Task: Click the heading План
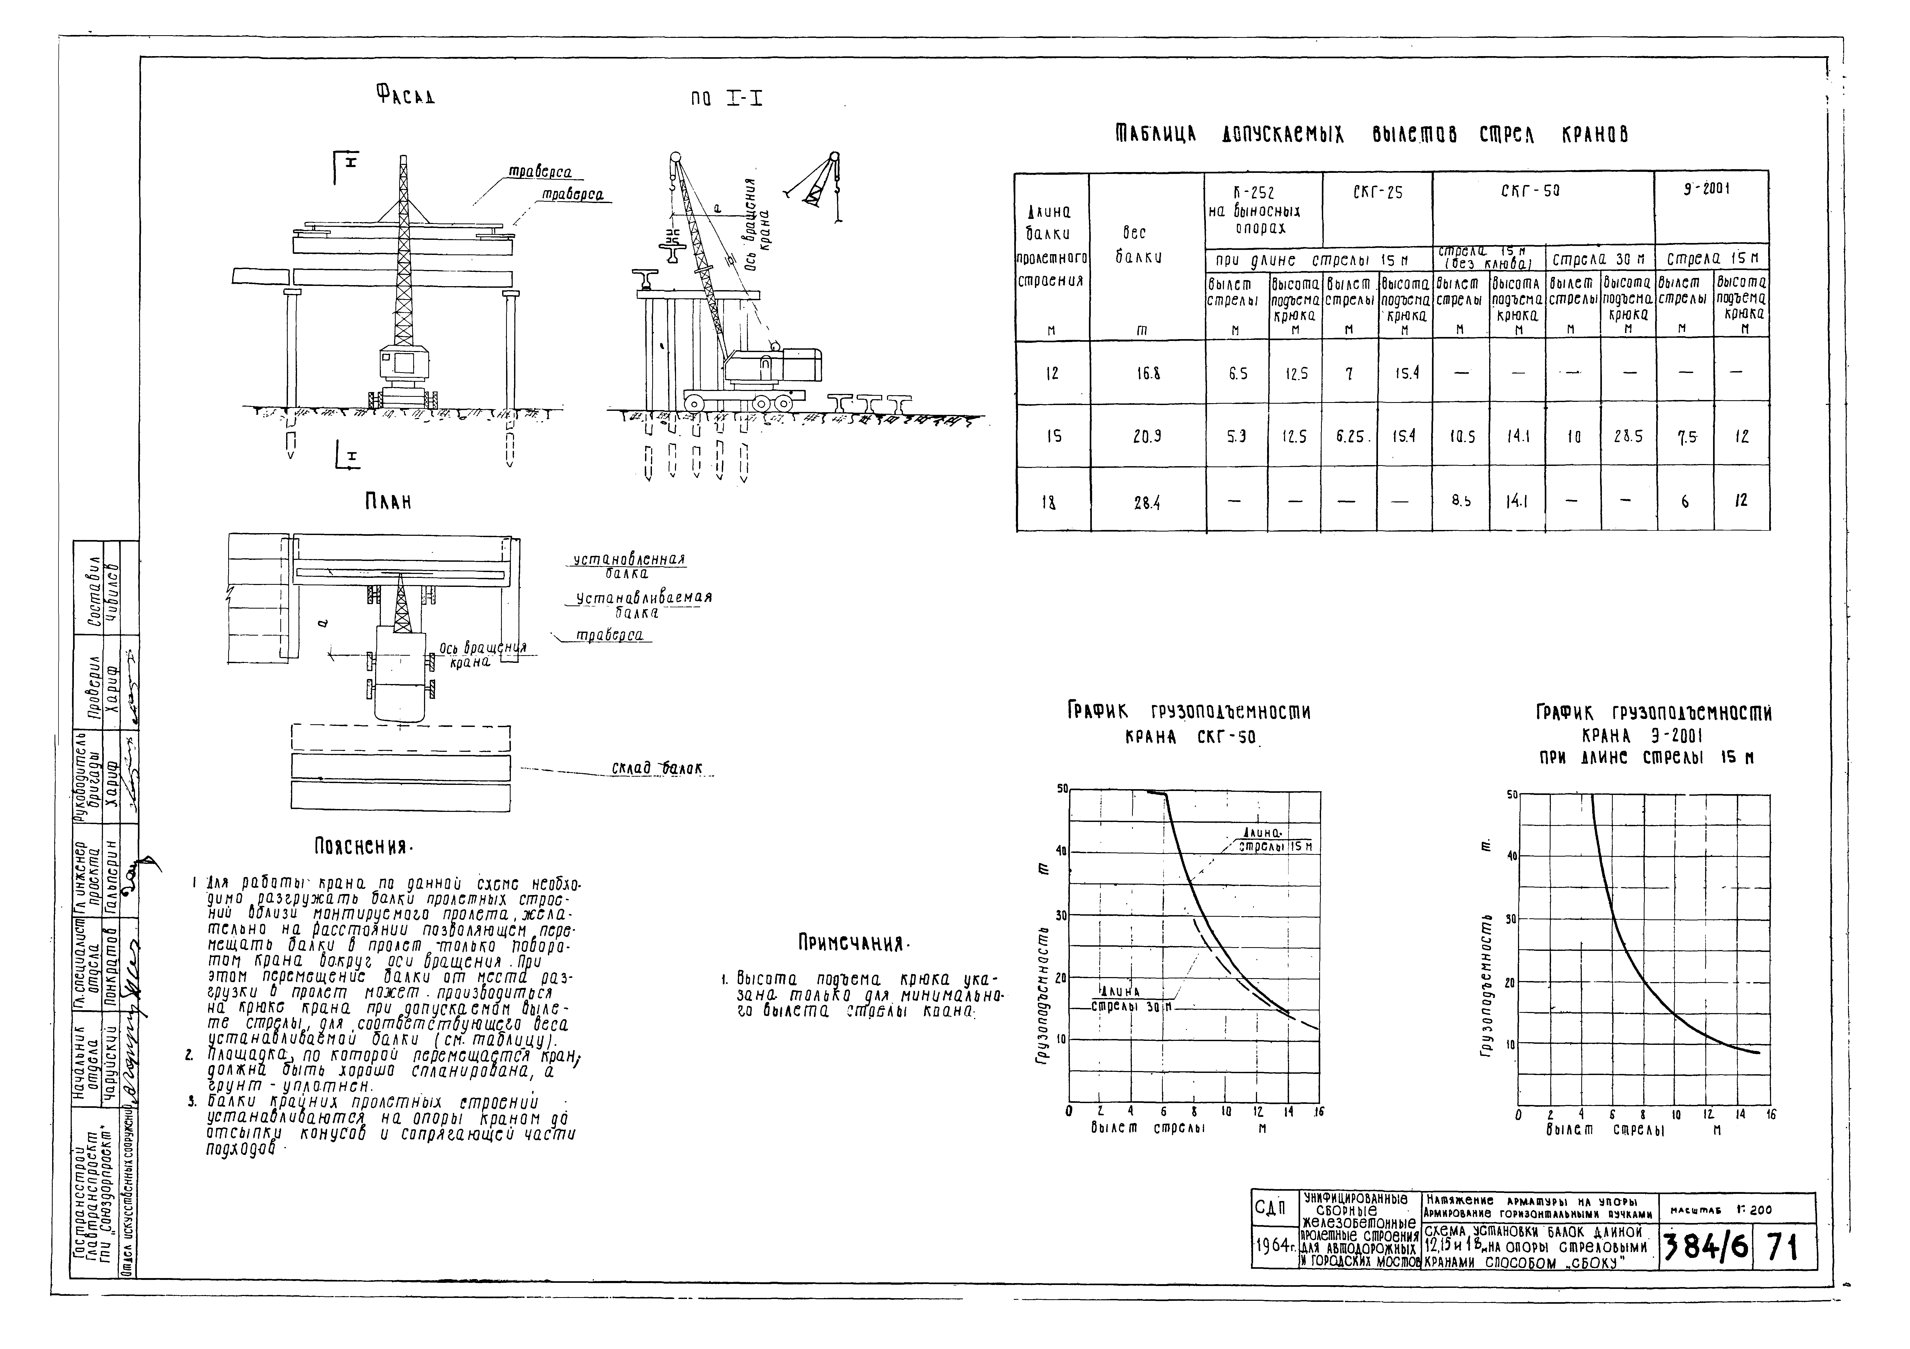(388, 503)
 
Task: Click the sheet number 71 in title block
(1783, 1247)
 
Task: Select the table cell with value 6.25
(1349, 436)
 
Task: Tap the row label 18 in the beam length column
(1052, 502)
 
